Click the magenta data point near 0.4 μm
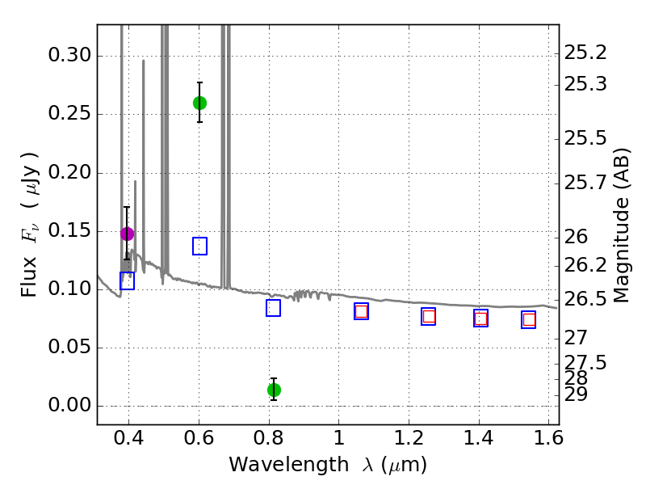pyautogui.click(x=127, y=234)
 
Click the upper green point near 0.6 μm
pyautogui.click(x=199, y=103)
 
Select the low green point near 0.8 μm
pyautogui.click(x=274, y=390)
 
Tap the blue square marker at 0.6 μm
pyautogui.click(x=199, y=247)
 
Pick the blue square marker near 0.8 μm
pyautogui.click(x=273, y=308)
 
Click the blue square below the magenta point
pyautogui.click(x=127, y=281)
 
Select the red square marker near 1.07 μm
pyautogui.click(x=361, y=311)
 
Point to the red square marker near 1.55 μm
pyautogui.click(x=529, y=320)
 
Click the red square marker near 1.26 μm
pyautogui.click(x=429, y=317)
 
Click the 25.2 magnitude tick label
pyautogui.click(x=585, y=53)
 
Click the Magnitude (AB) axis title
pyautogui.click(x=622, y=225)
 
